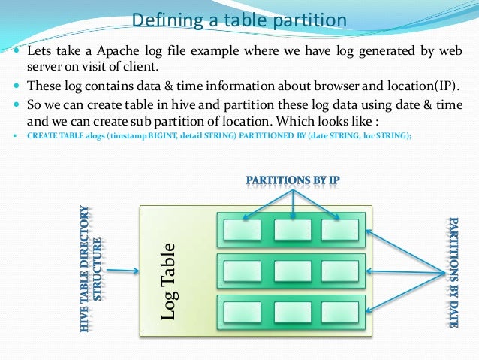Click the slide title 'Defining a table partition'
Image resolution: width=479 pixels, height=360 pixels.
[x=239, y=20]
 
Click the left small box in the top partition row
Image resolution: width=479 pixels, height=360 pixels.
[x=243, y=229]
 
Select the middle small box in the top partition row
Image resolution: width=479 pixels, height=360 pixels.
[x=292, y=229]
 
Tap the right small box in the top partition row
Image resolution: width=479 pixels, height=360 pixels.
[x=339, y=229]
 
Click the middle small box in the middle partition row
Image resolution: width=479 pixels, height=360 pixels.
[x=292, y=271]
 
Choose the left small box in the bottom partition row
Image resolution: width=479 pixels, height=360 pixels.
[x=243, y=312]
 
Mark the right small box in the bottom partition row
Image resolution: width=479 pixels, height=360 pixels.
[x=339, y=312]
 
